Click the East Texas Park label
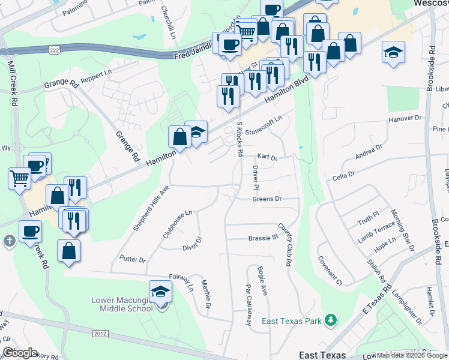[x=291, y=321]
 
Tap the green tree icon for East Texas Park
[x=330, y=320]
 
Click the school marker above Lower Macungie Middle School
[x=160, y=292]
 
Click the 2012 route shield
[x=101, y=333]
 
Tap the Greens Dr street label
[x=267, y=199]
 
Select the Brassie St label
[x=264, y=238]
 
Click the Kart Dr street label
[x=267, y=158]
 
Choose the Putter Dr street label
[x=133, y=260]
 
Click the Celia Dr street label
[x=344, y=177]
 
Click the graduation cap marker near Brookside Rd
[x=393, y=53]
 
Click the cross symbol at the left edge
[x=8, y=241]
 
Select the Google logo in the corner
[x=19, y=353]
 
